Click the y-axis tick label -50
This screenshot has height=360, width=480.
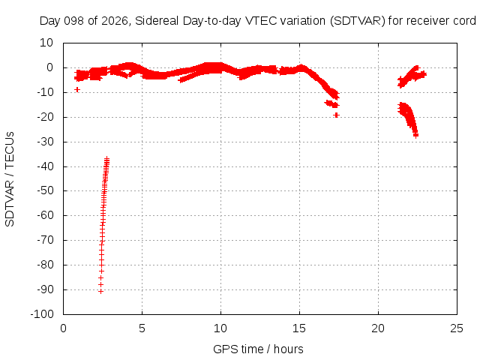click(45, 190)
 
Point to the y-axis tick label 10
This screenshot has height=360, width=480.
click(46, 43)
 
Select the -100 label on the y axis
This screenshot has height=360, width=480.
click(42, 314)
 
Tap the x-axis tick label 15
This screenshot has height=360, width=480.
click(299, 328)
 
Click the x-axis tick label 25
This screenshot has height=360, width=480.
click(457, 328)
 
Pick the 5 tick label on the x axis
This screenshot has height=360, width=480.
click(142, 328)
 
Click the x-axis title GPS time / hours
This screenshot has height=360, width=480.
click(258, 349)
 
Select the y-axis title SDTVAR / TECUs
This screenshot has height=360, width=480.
click(10, 179)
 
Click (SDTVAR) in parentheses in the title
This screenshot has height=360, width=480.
click(357, 21)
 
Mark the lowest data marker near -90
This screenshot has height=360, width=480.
click(100, 292)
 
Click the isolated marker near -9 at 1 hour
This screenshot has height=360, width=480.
click(77, 89)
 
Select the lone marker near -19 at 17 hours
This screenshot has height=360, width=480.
click(337, 115)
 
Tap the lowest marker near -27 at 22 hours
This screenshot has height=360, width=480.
click(415, 135)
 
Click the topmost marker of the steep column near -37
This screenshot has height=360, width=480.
click(106, 158)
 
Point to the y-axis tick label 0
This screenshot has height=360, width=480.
click(50, 67)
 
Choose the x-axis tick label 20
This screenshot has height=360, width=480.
click(378, 328)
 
